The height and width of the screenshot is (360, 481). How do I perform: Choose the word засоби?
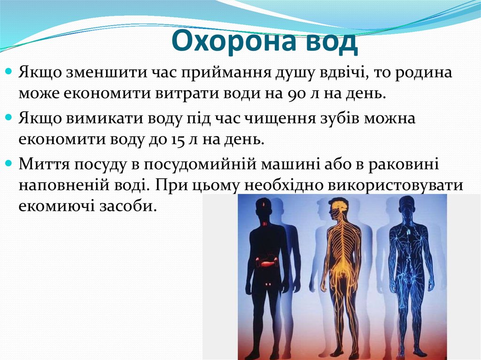click(132, 206)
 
